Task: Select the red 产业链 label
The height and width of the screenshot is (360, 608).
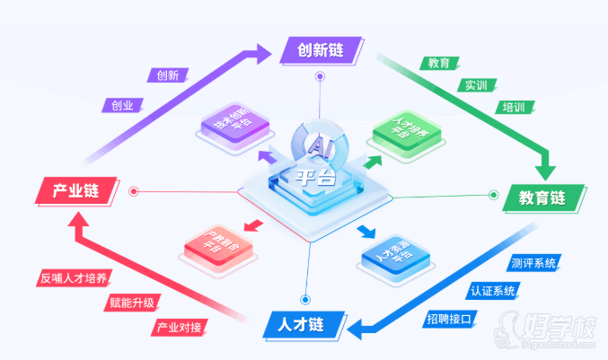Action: pos(76,190)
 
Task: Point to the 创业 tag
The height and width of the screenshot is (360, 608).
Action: pos(122,105)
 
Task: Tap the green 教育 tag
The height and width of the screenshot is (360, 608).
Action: pos(439,64)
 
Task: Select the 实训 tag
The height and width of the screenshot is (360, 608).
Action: pos(476,85)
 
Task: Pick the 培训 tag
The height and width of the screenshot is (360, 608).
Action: pos(514,108)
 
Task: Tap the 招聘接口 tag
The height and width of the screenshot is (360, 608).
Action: pos(449,318)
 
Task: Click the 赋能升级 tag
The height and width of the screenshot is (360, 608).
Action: pos(131,302)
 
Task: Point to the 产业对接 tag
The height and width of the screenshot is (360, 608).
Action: pos(181,327)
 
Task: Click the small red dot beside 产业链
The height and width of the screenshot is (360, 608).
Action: pos(134,190)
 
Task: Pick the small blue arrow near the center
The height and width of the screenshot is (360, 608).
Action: pos(366,233)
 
